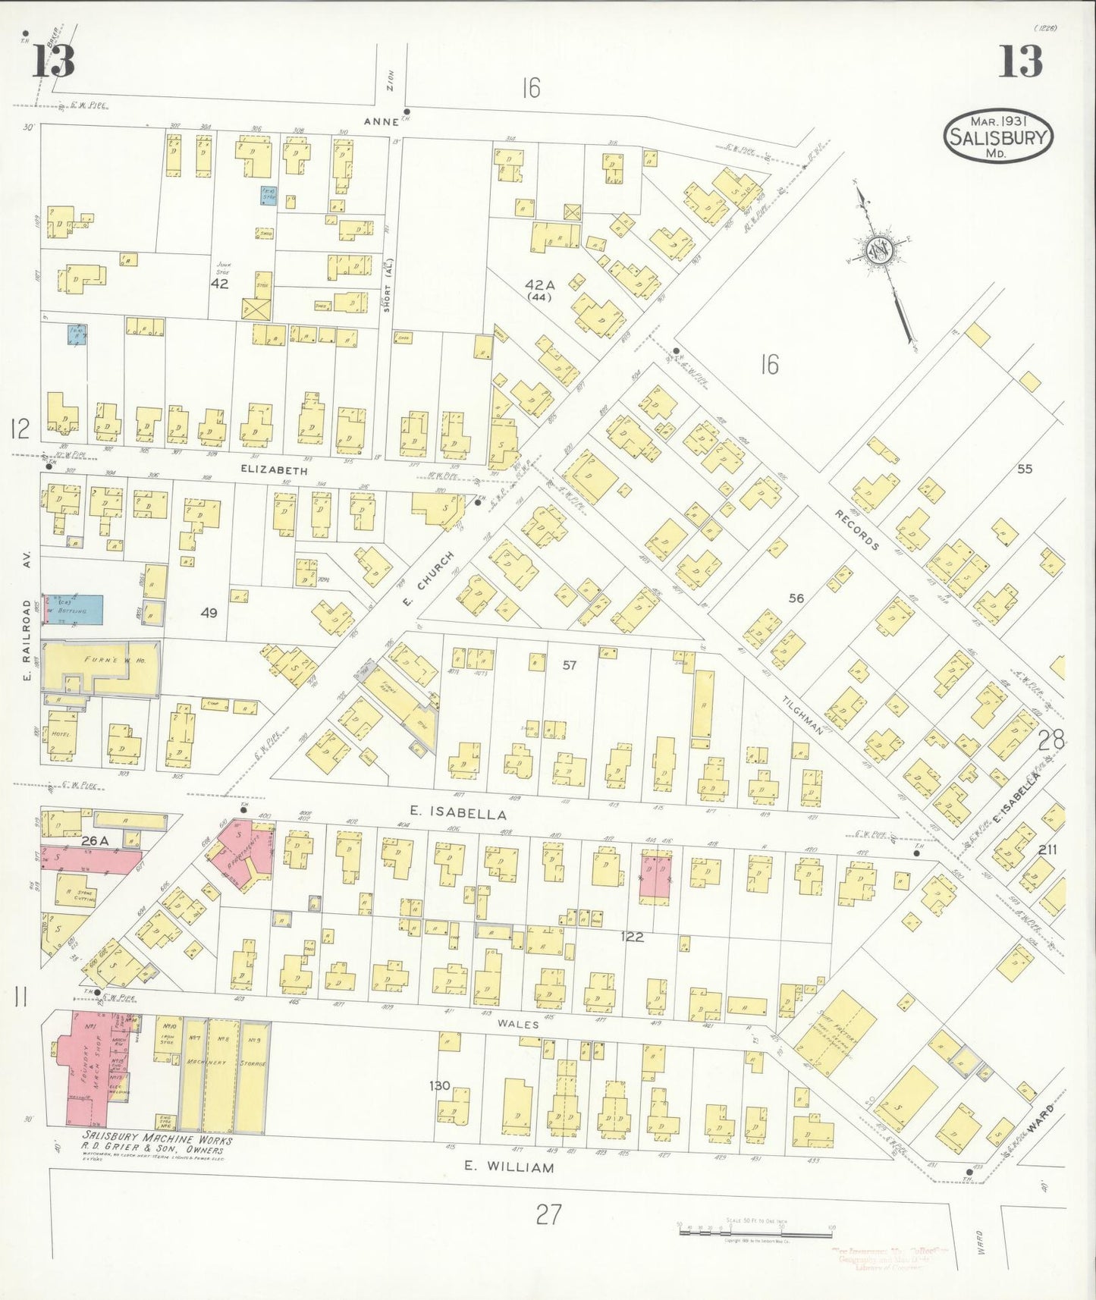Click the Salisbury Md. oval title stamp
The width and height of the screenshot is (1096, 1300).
click(998, 136)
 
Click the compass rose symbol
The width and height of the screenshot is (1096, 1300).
click(881, 251)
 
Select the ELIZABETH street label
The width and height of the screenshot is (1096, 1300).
click(274, 470)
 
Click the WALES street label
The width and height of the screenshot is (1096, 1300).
click(518, 1024)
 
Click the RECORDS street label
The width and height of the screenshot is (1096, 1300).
click(857, 530)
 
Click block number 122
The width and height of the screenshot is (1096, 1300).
click(631, 937)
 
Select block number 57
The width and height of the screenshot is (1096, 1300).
click(569, 665)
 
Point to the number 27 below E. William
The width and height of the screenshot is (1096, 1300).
click(548, 1214)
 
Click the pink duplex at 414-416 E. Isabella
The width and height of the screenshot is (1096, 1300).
click(655, 877)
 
